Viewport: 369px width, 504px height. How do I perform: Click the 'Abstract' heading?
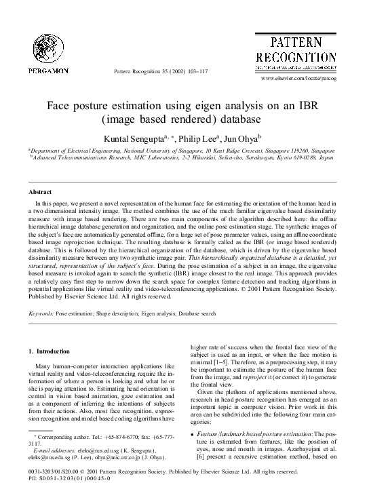(x=40, y=193)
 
